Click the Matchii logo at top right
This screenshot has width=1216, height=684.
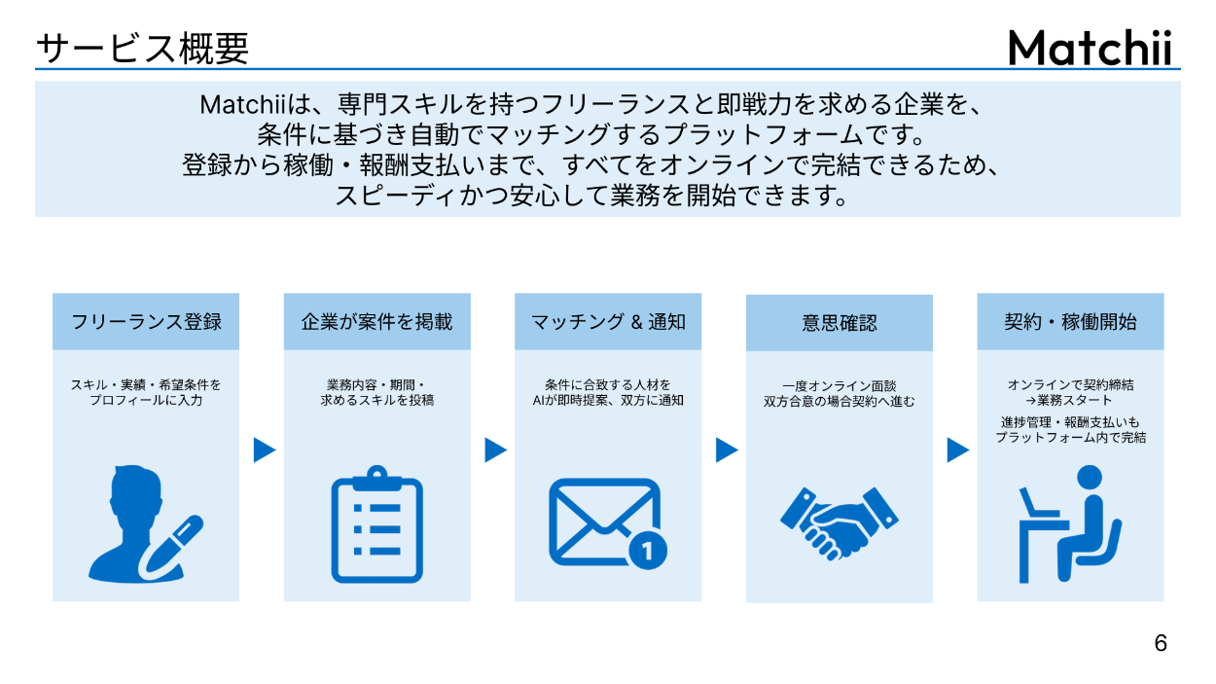(x=1090, y=47)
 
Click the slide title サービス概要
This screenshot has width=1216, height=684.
(x=142, y=48)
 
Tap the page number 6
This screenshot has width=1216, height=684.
(x=1160, y=643)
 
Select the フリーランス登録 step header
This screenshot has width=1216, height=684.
(x=146, y=321)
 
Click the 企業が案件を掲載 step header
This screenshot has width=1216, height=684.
(x=376, y=321)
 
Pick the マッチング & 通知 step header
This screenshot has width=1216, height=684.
(x=608, y=321)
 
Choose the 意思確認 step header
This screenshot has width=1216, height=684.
(x=839, y=323)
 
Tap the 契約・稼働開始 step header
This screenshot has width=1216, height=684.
(x=1070, y=321)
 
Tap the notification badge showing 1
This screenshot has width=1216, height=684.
(x=649, y=552)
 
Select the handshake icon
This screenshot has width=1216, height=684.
(x=840, y=523)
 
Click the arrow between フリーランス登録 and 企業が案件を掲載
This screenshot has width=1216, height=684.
(x=264, y=450)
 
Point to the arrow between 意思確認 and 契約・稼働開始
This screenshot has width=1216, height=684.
(x=957, y=450)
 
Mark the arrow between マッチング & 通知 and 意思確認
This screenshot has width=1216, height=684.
(x=727, y=450)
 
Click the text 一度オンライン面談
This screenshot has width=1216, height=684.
(x=839, y=385)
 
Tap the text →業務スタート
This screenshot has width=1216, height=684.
(x=1070, y=400)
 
